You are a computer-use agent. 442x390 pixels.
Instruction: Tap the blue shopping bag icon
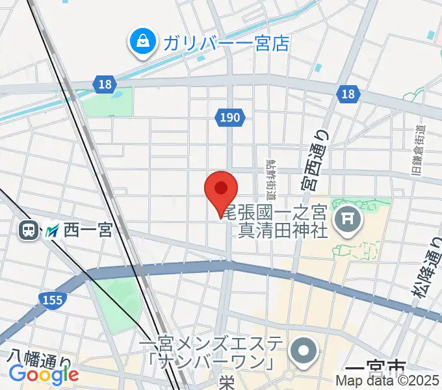pos(141,42)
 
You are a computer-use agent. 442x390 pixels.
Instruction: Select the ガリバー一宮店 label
pos(226,44)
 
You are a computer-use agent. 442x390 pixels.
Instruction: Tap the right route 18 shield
pos(348,95)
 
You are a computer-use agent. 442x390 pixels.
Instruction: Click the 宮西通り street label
pos(315,159)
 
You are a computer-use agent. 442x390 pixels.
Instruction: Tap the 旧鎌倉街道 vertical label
pos(419,151)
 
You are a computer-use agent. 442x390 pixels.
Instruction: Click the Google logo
pos(44,374)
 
